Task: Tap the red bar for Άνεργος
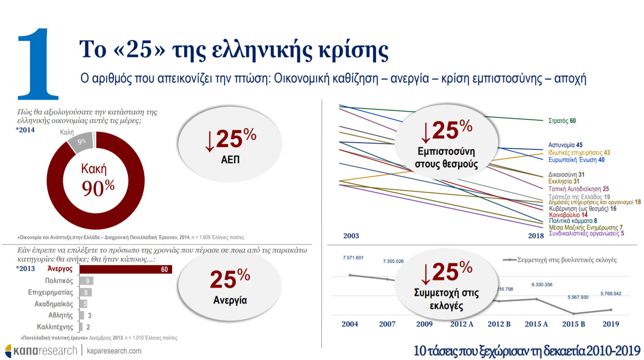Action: (125, 269)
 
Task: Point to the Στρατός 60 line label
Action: (562, 121)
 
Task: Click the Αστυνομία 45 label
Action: (565, 145)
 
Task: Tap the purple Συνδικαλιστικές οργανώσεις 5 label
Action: (586, 233)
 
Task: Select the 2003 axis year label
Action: (351, 236)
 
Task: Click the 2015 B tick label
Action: (573, 324)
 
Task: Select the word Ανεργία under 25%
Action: (229, 300)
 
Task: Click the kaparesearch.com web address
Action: (114, 351)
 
